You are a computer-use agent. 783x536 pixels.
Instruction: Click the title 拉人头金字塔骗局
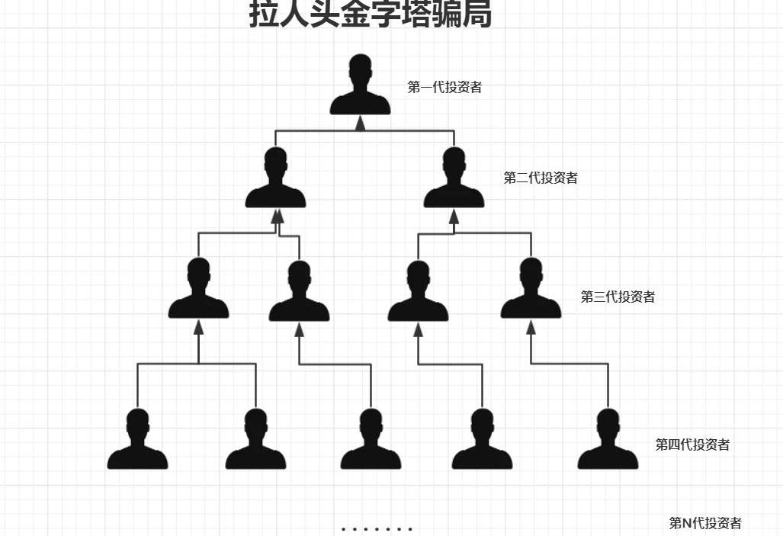pos(370,14)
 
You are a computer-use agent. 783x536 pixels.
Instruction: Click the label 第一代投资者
pos(444,87)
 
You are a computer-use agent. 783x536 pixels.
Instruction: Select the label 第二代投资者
pos(541,178)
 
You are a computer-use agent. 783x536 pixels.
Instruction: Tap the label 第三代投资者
pos(618,297)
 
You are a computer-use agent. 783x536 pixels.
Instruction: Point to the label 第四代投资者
pos(692,445)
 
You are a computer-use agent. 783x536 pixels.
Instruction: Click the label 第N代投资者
pos(705,523)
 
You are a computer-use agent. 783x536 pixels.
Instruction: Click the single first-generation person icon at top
pos(360,85)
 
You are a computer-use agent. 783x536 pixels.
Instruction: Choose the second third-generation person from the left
pos(299,292)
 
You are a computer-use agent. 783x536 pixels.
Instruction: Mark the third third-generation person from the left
pos(418,292)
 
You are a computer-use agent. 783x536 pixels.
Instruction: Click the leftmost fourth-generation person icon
pos(137,440)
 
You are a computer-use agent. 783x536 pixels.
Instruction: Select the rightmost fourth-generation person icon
pos(608,440)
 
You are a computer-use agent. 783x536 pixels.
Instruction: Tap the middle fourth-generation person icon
pos(371,440)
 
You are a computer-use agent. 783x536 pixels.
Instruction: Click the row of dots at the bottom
pos(377,528)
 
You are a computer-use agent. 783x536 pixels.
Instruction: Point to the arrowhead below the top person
pos(361,124)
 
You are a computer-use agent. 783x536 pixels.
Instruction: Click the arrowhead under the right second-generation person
pos(454,217)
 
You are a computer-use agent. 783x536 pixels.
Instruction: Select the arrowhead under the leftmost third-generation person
pos(198,328)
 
